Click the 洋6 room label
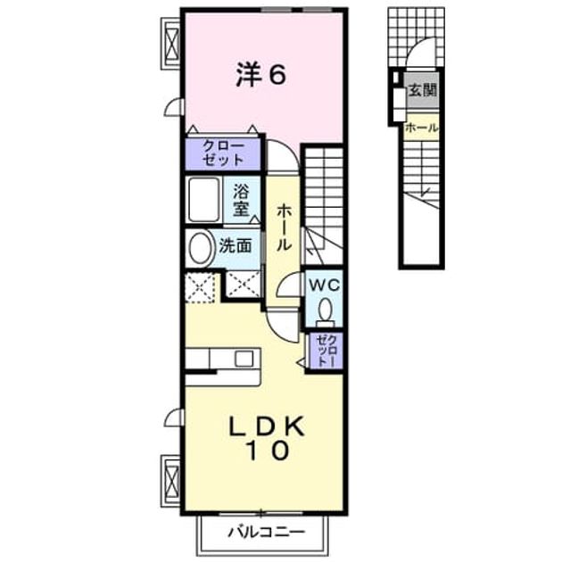coord(260,75)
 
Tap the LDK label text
coord(267,426)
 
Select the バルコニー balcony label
coord(267,532)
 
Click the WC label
coord(325,285)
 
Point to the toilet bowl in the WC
coord(325,311)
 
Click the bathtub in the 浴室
coord(203,199)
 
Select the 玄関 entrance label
coord(423,90)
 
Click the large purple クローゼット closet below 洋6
coord(223,153)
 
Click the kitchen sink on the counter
coord(244,359)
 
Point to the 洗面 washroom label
coord(236,246)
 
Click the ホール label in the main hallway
coord(283,227)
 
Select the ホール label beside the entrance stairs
coord(422,128)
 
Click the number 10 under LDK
coord(268,450)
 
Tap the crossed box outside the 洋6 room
coord(172,44)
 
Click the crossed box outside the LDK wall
coord(172,481)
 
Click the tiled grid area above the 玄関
coord(417,37)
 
